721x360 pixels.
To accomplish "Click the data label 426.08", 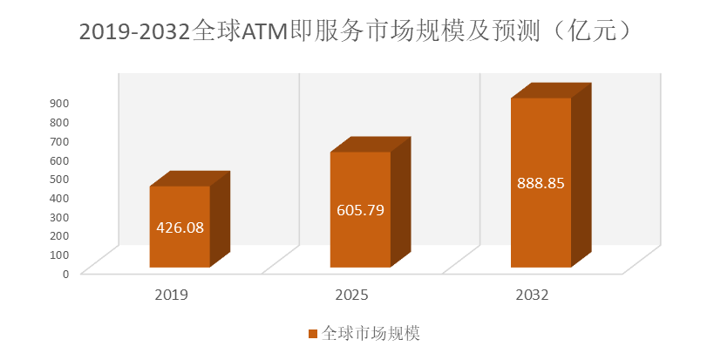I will click(x=180, y=228).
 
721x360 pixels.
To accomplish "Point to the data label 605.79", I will click(x=360, y=210).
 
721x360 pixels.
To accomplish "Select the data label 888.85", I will click(x=541, y=184).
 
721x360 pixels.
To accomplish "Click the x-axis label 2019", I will click(x=171, y=295).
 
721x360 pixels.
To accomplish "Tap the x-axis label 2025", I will click(x=352, y=295).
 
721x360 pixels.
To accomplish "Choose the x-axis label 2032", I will click(x=532, y=295).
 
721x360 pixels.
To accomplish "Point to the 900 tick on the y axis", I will click(x=59, y=102).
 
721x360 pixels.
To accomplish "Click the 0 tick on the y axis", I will click(x=65, y=273).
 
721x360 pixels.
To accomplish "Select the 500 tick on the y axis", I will click(x=59, y=178).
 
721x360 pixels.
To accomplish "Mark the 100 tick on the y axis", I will click(x=59, y=254).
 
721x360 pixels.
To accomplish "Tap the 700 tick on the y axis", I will click(x=59, y=140).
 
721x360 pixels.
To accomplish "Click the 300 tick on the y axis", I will click(x=59, y=216).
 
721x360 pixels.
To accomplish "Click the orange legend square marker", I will click(x=312, y=334).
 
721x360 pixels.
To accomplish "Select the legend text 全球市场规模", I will click(x=371, y=334).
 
